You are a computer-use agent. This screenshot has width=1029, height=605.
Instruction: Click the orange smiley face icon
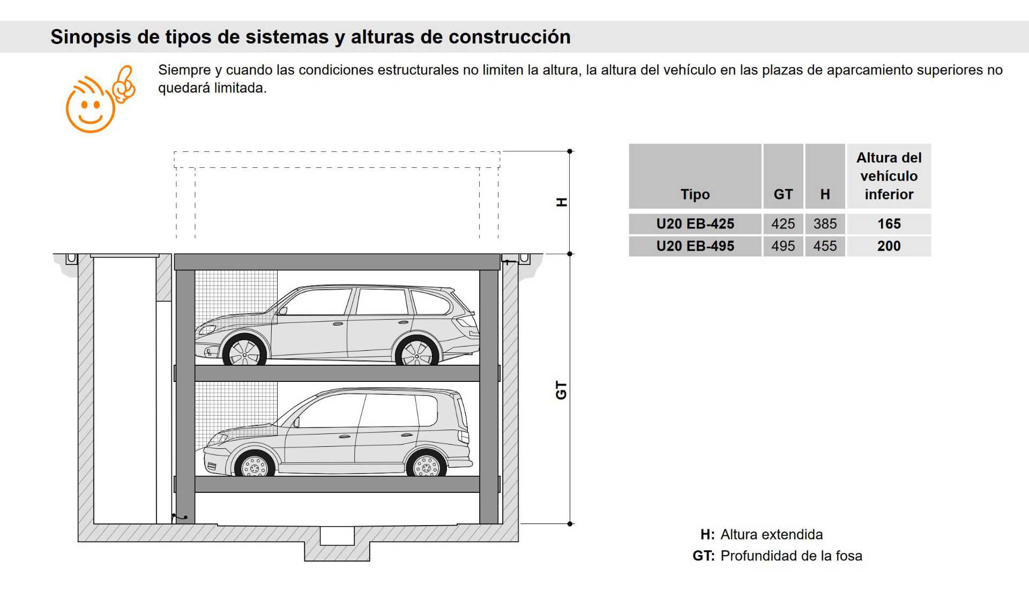pyautogui.click(x=100, y=99)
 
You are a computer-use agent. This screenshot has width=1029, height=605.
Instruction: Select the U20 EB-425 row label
pyautogui.click(x=695, y=224)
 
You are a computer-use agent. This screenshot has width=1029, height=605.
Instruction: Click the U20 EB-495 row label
pyautogui.click(x=695, y=246)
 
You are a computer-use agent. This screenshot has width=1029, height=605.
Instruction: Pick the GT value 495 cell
pyautogui.click(x=783, y=246)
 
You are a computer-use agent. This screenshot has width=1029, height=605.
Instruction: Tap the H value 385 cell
pyautogui.click(x=825, y=224)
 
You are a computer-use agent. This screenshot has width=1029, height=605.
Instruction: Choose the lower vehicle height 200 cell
pyautogui.click(x=889, y=246)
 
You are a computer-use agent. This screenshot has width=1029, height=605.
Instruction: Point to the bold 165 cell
pyautogui.click(x=889, y=224)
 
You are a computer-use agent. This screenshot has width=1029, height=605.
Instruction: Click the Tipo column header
pyautogui.click(x=695, y=194)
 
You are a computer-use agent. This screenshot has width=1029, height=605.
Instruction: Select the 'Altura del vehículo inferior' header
pyautogui.click(x=889, y=176)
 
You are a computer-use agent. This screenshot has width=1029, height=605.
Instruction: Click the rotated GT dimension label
pyautogui.click(x=561, y=390)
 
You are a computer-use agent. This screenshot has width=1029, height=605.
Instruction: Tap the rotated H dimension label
pyautogui.click(x=561, y=202)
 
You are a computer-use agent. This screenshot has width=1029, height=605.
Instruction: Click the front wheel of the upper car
pyautogui.click(x=244, y=352)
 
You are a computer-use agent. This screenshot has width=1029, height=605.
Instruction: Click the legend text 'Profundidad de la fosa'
pyautogui.click(x=791, y=556)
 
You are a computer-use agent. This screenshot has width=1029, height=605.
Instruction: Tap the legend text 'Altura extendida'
pyautogui.click(x=771, y=534)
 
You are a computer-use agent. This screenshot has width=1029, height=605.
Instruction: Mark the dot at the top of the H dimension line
pyautogui.click(x=570, y=151)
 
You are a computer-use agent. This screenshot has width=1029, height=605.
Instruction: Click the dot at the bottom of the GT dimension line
pyautogui.click(x=570, y=523)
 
